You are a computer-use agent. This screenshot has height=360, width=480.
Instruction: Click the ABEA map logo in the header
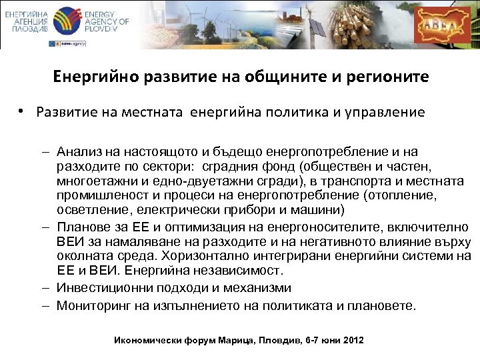click(x=441, y=25)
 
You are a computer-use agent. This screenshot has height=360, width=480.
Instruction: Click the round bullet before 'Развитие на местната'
click(x=22, y=111)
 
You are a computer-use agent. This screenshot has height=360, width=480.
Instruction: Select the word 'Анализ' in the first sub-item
click(x=79, y=151)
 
